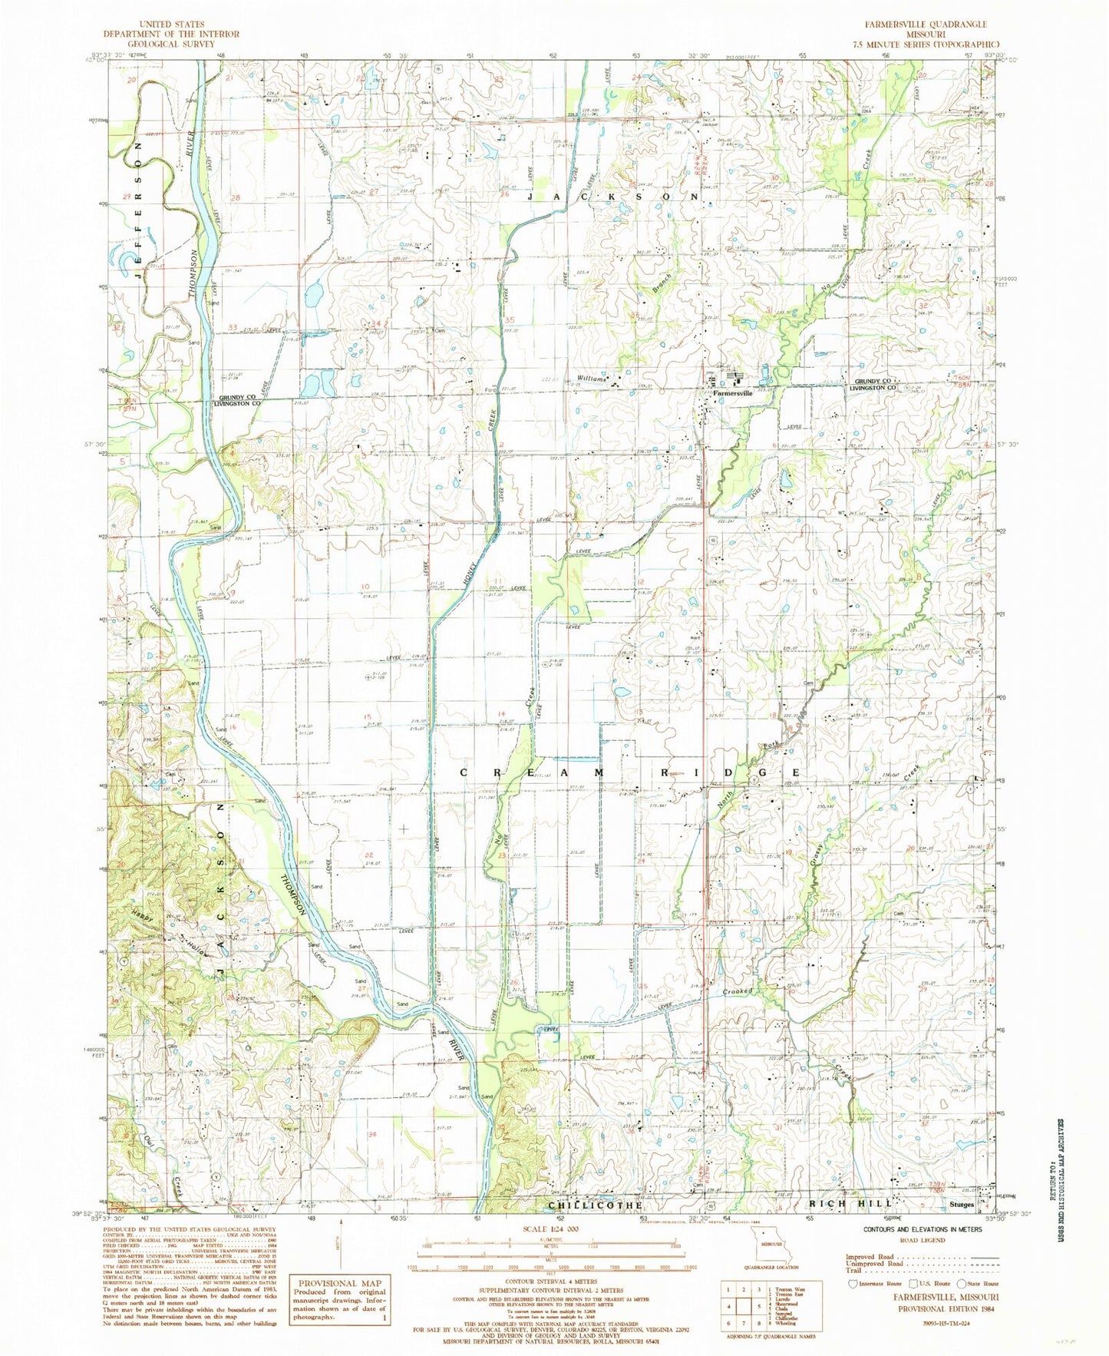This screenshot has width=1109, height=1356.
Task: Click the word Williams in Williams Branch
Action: [x=594, y=379]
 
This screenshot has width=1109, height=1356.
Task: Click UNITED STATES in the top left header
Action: [x=170, y=25]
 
